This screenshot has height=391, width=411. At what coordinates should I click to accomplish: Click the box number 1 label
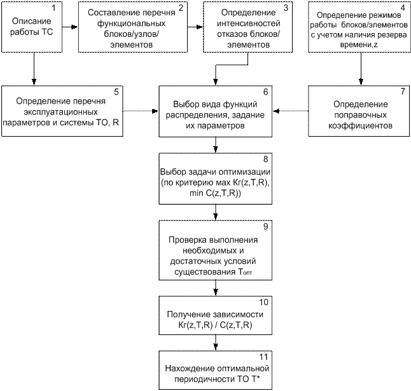(x=53, y=8)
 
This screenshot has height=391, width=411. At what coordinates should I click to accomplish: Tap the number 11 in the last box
(x=263, y=357)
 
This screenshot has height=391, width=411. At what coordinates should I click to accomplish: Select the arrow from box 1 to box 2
(x=70, y=27)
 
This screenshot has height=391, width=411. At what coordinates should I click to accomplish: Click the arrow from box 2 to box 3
(x=195, y=27)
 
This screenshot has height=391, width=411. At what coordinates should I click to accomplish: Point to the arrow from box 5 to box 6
(x=141, y=111)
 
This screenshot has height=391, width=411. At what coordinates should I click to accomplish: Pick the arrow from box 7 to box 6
(x=290, y=111)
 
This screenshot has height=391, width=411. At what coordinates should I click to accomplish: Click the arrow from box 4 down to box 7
(x=361, y=69)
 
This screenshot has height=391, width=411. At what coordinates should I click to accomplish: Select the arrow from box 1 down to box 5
(x=34, y=69)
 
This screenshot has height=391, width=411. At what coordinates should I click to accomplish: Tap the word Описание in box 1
(x=31, y=21)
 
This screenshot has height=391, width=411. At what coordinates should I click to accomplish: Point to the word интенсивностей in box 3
(x=249, y=24)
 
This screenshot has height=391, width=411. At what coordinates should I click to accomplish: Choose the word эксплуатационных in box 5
(x=61, y=112)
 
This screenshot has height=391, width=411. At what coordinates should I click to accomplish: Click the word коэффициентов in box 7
(x=360, y=126)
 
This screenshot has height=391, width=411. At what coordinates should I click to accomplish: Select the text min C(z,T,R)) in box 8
(x=215, y=193)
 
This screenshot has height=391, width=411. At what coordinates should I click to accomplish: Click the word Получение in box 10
(x=188, y=315)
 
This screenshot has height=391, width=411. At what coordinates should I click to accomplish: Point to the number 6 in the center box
(x=265, y=92)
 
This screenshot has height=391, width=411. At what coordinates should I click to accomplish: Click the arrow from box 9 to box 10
(x=216, y=288)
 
